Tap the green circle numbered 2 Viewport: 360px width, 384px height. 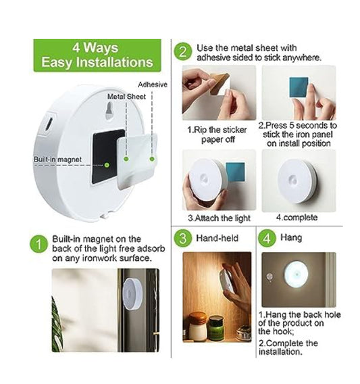tap(182, 52)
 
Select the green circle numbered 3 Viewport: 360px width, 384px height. tap(182, 238)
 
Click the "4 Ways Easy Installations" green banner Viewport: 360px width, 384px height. tap(97, 55)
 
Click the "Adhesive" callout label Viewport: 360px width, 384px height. tap(152, 85)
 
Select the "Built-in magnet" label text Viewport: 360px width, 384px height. tap(58, 160)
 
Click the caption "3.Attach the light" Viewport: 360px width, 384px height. tap(219, 218)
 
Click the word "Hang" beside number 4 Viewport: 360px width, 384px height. tap(291, 239)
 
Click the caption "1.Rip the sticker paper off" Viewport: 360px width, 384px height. tap(218, 131)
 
